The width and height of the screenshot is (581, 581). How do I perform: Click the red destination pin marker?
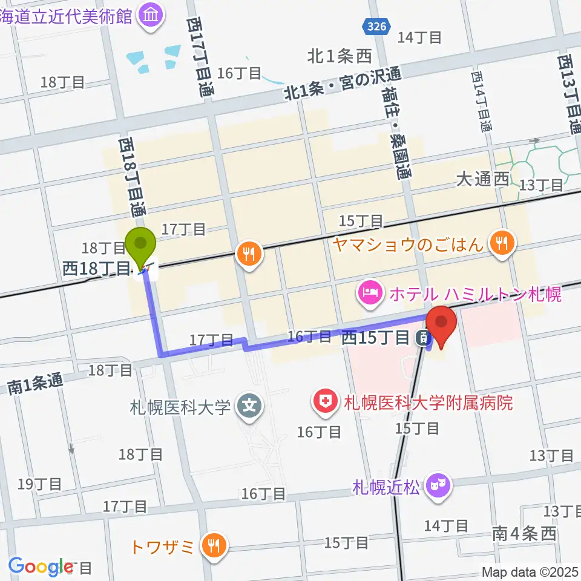coord(441,324)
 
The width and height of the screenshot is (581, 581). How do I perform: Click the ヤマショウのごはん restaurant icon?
coord(501,243)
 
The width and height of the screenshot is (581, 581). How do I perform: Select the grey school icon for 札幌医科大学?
coord(248,406)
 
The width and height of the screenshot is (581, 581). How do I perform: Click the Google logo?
coord(41,566)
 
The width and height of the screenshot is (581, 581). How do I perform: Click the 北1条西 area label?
coord(339,57)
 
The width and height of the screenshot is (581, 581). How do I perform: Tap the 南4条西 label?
coord(524,534)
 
